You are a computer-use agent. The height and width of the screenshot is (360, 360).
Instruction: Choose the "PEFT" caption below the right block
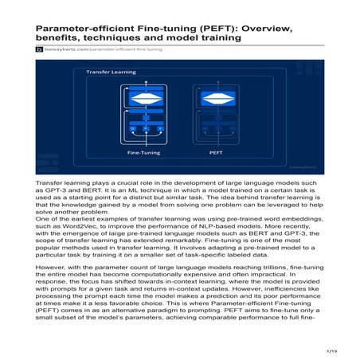[215, 151]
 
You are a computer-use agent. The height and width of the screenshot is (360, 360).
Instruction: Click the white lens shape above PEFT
[215, 99]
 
